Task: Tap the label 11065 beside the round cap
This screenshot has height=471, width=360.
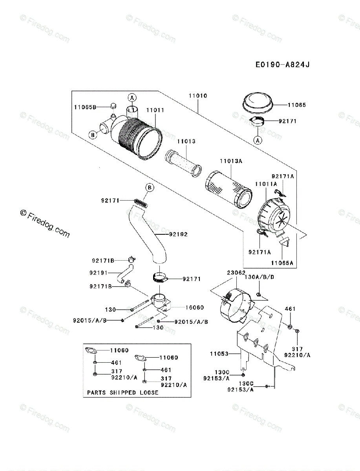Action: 296,105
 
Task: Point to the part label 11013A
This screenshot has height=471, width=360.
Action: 230,161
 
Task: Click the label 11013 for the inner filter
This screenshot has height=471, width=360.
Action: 186,141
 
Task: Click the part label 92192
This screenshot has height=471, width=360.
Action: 178,234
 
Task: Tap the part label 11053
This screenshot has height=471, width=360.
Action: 219,354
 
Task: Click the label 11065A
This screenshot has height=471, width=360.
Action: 282,263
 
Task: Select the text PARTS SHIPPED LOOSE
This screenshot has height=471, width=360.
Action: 122,392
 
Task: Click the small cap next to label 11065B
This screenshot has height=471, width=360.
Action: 113,106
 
